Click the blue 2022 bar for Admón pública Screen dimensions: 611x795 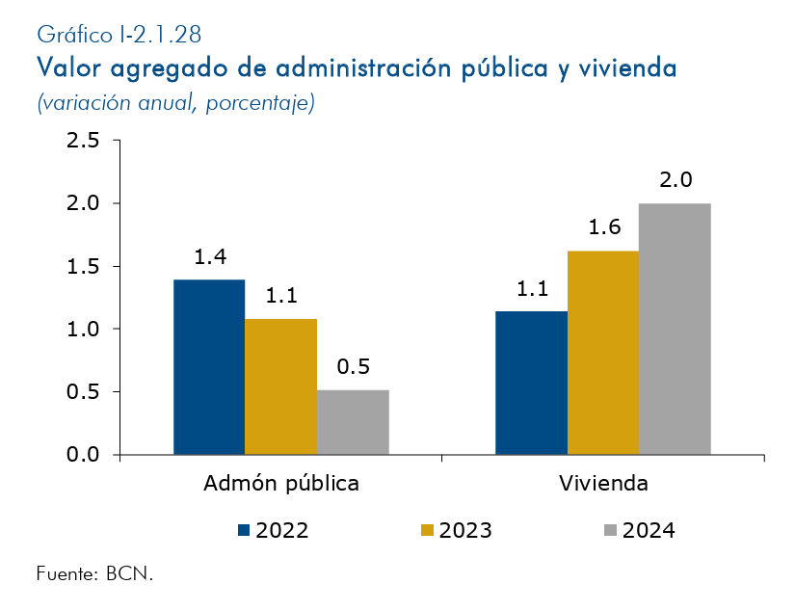pos(209,367)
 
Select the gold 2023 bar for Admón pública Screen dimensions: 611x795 pos(280,386)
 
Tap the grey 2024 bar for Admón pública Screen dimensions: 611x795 pos(353,422)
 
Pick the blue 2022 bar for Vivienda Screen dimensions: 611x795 pos(531,383)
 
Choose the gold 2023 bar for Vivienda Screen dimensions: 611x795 pos(603,353)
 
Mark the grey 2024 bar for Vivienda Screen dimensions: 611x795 pos(675,329)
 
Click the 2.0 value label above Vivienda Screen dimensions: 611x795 pos(676,180)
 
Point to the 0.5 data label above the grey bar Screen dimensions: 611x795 pos(353,367)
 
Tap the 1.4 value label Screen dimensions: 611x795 pos(209,257)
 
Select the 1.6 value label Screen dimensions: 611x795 pos(603,228)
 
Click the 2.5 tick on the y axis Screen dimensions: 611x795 pos(82,141)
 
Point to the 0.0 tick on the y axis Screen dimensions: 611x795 pos(82,455)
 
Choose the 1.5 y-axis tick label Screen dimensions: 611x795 pos(82,267)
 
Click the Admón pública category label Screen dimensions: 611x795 pos(281,484)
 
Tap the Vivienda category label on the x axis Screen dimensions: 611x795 pos(603,484)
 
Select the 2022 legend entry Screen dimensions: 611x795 pos(274,530)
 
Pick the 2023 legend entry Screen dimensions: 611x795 pos(457,530)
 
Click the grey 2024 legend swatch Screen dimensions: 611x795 pos(610,530)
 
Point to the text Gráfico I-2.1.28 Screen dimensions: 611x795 pos(119,36)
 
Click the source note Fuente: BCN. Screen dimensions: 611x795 pos(94,573)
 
